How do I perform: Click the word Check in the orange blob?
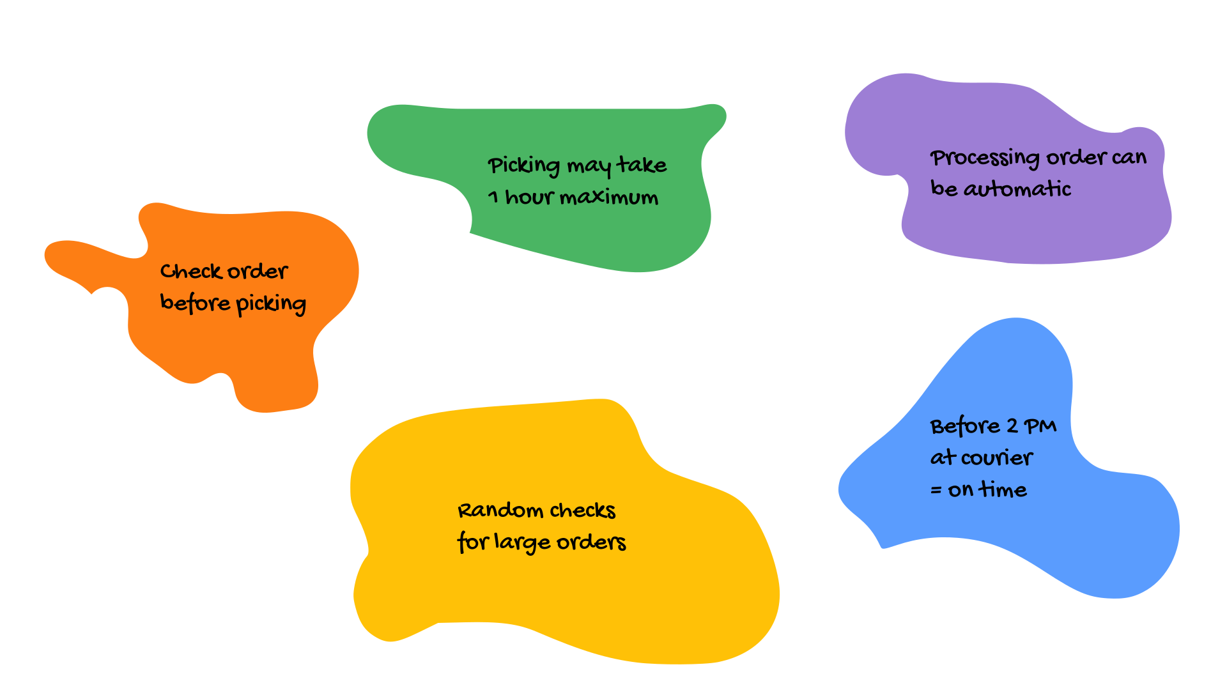[x=190, y=272]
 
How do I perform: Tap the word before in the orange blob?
[x=195, y=302]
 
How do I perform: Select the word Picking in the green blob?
[x=524, y=165]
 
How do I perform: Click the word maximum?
[x=608, y=197]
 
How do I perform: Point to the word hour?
[x=529, y=197]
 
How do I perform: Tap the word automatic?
[x=1017, y=189]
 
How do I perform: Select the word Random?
[x=500, y=510]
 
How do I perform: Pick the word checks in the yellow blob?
[x=582, y=510]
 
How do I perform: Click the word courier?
[x=996, y=458]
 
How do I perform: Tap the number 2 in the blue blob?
[x=1012, y=426]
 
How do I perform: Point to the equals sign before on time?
[x=936, y=491]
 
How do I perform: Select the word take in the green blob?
[x=642, y=165]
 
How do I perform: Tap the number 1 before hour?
[x=493, y=197]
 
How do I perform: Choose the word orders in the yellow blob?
[x=591, y=542]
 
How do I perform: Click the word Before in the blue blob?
[x=965, y=426]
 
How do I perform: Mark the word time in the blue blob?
[x=1003, y=489]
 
